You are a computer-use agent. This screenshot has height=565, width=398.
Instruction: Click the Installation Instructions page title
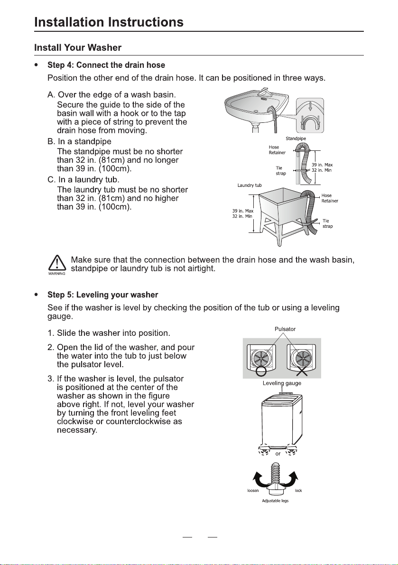pos(109,22)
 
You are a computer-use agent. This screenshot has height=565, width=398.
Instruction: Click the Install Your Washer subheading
pos(78,47)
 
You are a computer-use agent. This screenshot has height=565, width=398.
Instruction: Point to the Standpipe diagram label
pos(296,139)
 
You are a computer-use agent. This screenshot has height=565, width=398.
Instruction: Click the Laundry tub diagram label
pos(250,185)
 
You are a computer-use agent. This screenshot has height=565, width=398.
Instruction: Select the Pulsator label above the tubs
pos(285,329)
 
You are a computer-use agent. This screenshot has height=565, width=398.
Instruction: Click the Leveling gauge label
pos(282,383)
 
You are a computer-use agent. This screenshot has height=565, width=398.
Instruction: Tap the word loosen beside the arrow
pos(253,491)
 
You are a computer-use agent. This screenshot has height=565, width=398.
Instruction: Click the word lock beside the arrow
pos(298,491)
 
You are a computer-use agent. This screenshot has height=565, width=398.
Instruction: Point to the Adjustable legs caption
pos(275,501)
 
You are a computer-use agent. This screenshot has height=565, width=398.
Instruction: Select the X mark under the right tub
pos(301,371)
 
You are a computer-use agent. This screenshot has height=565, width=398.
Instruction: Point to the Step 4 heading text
pos(106,65)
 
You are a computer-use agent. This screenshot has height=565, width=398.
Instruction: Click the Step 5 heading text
pos(102,295)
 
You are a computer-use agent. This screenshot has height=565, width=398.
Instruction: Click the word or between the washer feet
pos(278,454)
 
